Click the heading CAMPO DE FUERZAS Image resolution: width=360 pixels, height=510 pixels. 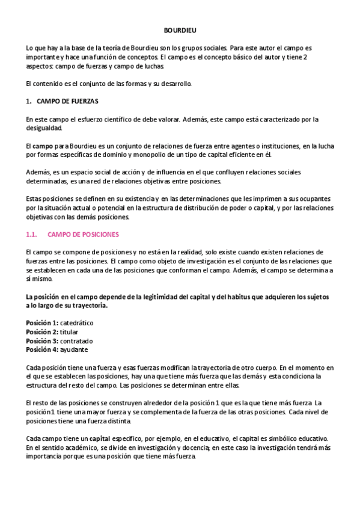coord(67,101)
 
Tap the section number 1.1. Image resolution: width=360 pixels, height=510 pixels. coord(32,234)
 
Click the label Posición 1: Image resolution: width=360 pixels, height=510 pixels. coord(42,323)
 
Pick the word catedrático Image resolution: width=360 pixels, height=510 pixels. coord(76,323)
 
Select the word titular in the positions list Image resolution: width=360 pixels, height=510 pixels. coord(70,331)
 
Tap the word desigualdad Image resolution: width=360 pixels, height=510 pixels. coord(44,127)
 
